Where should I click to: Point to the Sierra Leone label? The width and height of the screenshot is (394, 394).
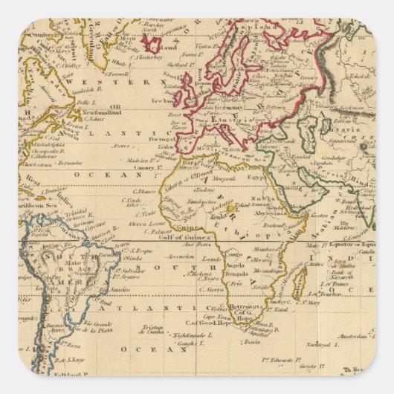point(143,222)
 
